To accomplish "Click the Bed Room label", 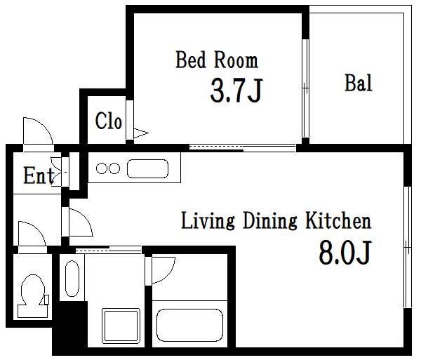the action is pos(217,60).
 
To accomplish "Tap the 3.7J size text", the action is pos(236,90).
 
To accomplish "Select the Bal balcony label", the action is pos(359,83).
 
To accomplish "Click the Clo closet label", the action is pos(109,121).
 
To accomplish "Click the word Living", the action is pos(208,221).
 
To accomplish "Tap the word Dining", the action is pos(270,221).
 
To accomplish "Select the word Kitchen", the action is pos(339,220).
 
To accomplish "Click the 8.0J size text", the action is pos(345,252).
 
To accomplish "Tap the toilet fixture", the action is pos(33,296).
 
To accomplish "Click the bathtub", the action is pos(189,326).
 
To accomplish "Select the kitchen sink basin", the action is pos(147,168).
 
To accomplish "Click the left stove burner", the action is pos(102,168).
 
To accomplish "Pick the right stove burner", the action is pos(114,168).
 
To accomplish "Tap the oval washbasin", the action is pos(72,279).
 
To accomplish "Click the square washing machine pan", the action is pos(121,326).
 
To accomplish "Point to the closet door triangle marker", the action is pos(141,133).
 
